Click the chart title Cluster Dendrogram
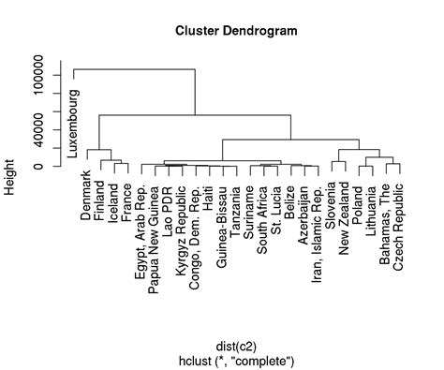(x=236, y=31)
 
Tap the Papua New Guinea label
(x=155, y=235)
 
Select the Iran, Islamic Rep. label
(x=318, y=229)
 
